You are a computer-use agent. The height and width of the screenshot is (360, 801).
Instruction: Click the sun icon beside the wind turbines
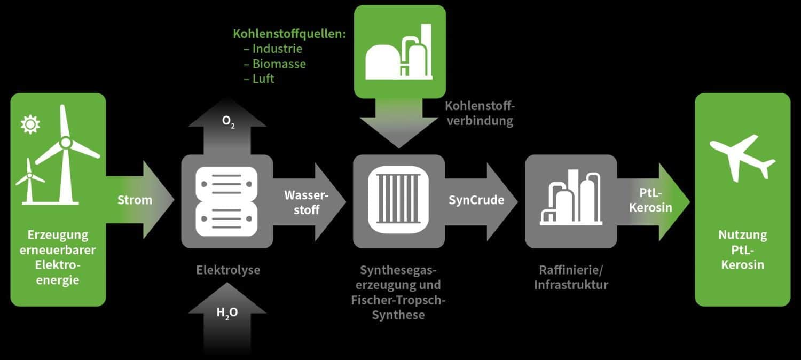[30, 124]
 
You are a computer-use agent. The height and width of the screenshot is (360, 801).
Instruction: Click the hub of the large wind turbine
[65, 143]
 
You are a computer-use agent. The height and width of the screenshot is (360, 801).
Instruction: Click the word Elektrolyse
[227, 270]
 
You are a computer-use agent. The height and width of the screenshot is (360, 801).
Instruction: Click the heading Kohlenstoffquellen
[289, 34]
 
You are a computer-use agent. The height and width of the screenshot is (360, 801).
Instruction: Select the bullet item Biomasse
[279, 64]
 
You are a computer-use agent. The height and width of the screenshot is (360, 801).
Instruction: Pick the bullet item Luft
[263, 79]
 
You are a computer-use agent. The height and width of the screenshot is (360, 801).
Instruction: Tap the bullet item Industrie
[277, 49]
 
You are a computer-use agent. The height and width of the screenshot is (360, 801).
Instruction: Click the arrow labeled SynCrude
[476, 200]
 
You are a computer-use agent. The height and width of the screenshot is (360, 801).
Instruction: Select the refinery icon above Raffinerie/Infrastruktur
[571, 198]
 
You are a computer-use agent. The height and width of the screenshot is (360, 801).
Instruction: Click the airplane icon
[742, 158]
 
